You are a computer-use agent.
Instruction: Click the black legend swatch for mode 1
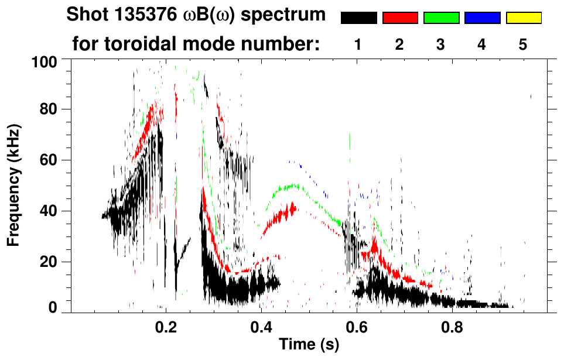[358, 18]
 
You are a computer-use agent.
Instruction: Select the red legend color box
[400, 18]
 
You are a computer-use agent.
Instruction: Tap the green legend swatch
[441, 18]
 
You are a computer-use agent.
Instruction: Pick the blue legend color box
[482, 18]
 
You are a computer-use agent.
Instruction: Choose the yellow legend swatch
[523, 18]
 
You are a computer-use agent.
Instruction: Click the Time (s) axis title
[308, 345]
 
